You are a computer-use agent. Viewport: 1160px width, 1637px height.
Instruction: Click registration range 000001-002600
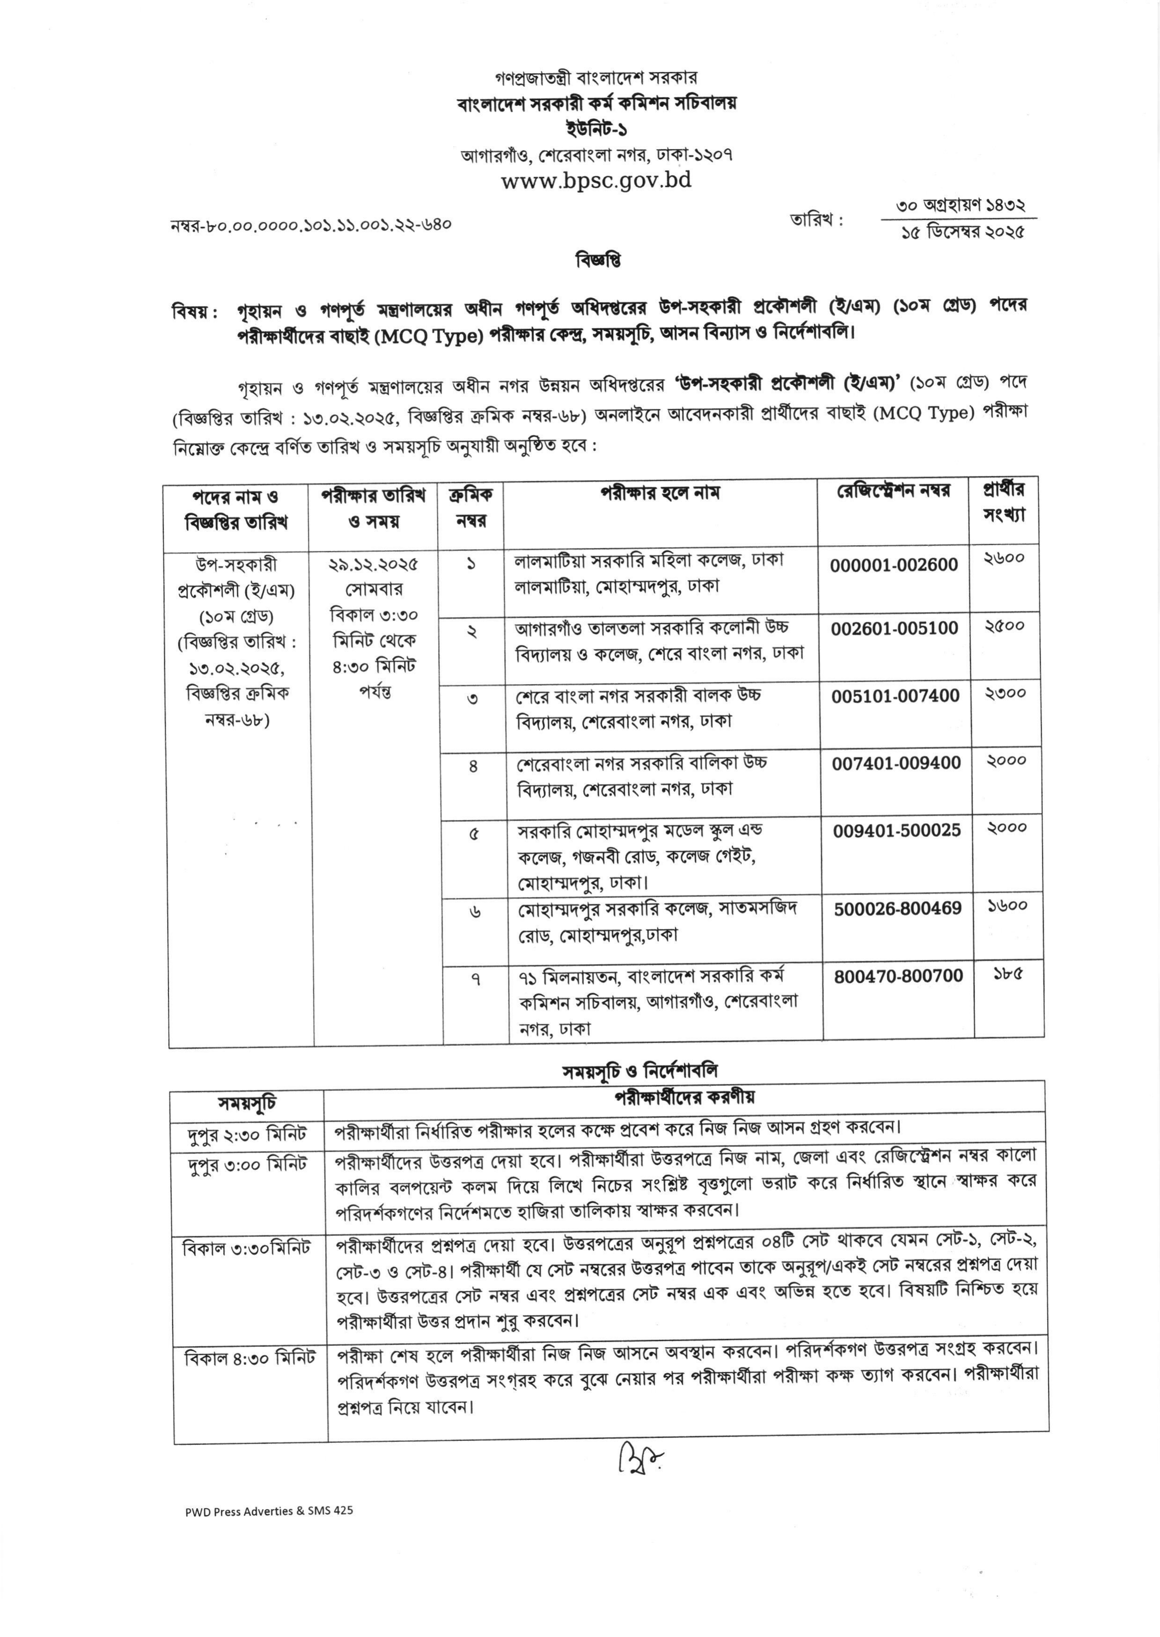pyautogui.click(x=894, y=565)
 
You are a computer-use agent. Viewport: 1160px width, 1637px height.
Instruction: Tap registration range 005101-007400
pyautogui.click(x=895, y=695)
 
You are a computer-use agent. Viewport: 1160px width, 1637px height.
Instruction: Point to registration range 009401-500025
pyautogui.click(x=897, y=830)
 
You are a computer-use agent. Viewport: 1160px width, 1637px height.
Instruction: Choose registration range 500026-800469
pyautogui.click(x=898, y=908)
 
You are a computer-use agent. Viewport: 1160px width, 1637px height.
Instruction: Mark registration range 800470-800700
pyautogui.click(x=898, y=976)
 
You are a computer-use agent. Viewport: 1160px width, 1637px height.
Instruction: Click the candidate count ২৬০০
pyautogui.click(x=1004, y=558)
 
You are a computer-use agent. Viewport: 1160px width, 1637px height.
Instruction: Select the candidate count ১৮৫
pyautogui.click(x=1007, y=973)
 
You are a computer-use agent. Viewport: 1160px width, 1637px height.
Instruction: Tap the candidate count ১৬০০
pyautogui.click(x=1007, y=906)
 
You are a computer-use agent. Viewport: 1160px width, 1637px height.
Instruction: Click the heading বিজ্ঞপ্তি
pyautogui.click(x=598, y=260)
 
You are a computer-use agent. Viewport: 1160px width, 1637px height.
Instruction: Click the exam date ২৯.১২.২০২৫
pyautogui.click(x=373, y=564)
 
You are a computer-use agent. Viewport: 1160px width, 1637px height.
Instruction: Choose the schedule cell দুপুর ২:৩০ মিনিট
pyautogui.click(x=247, y=1133)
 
